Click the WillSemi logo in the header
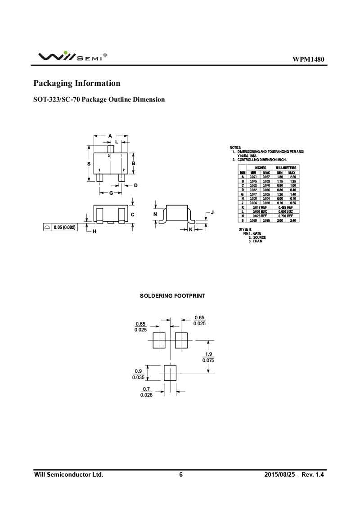coord(72,57)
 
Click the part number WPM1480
coord(308,59)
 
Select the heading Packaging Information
coord(77,83)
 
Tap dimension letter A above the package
coord(110,136)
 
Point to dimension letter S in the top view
coord(89,164)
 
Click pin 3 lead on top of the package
coord(110,149)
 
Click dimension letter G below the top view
coord(111,193)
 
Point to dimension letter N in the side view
coord(155,214)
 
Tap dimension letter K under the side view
coord(190,229)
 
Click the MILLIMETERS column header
coord(286,168)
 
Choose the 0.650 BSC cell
coord(286,211)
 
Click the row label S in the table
coord(243,220)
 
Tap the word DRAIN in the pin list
coord(257,241)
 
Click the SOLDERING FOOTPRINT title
coord(172,296)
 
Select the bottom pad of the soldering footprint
coord(170,373)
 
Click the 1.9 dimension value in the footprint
coord(208,354)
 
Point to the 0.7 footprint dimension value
coord(146,388)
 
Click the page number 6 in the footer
coord(181,475)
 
